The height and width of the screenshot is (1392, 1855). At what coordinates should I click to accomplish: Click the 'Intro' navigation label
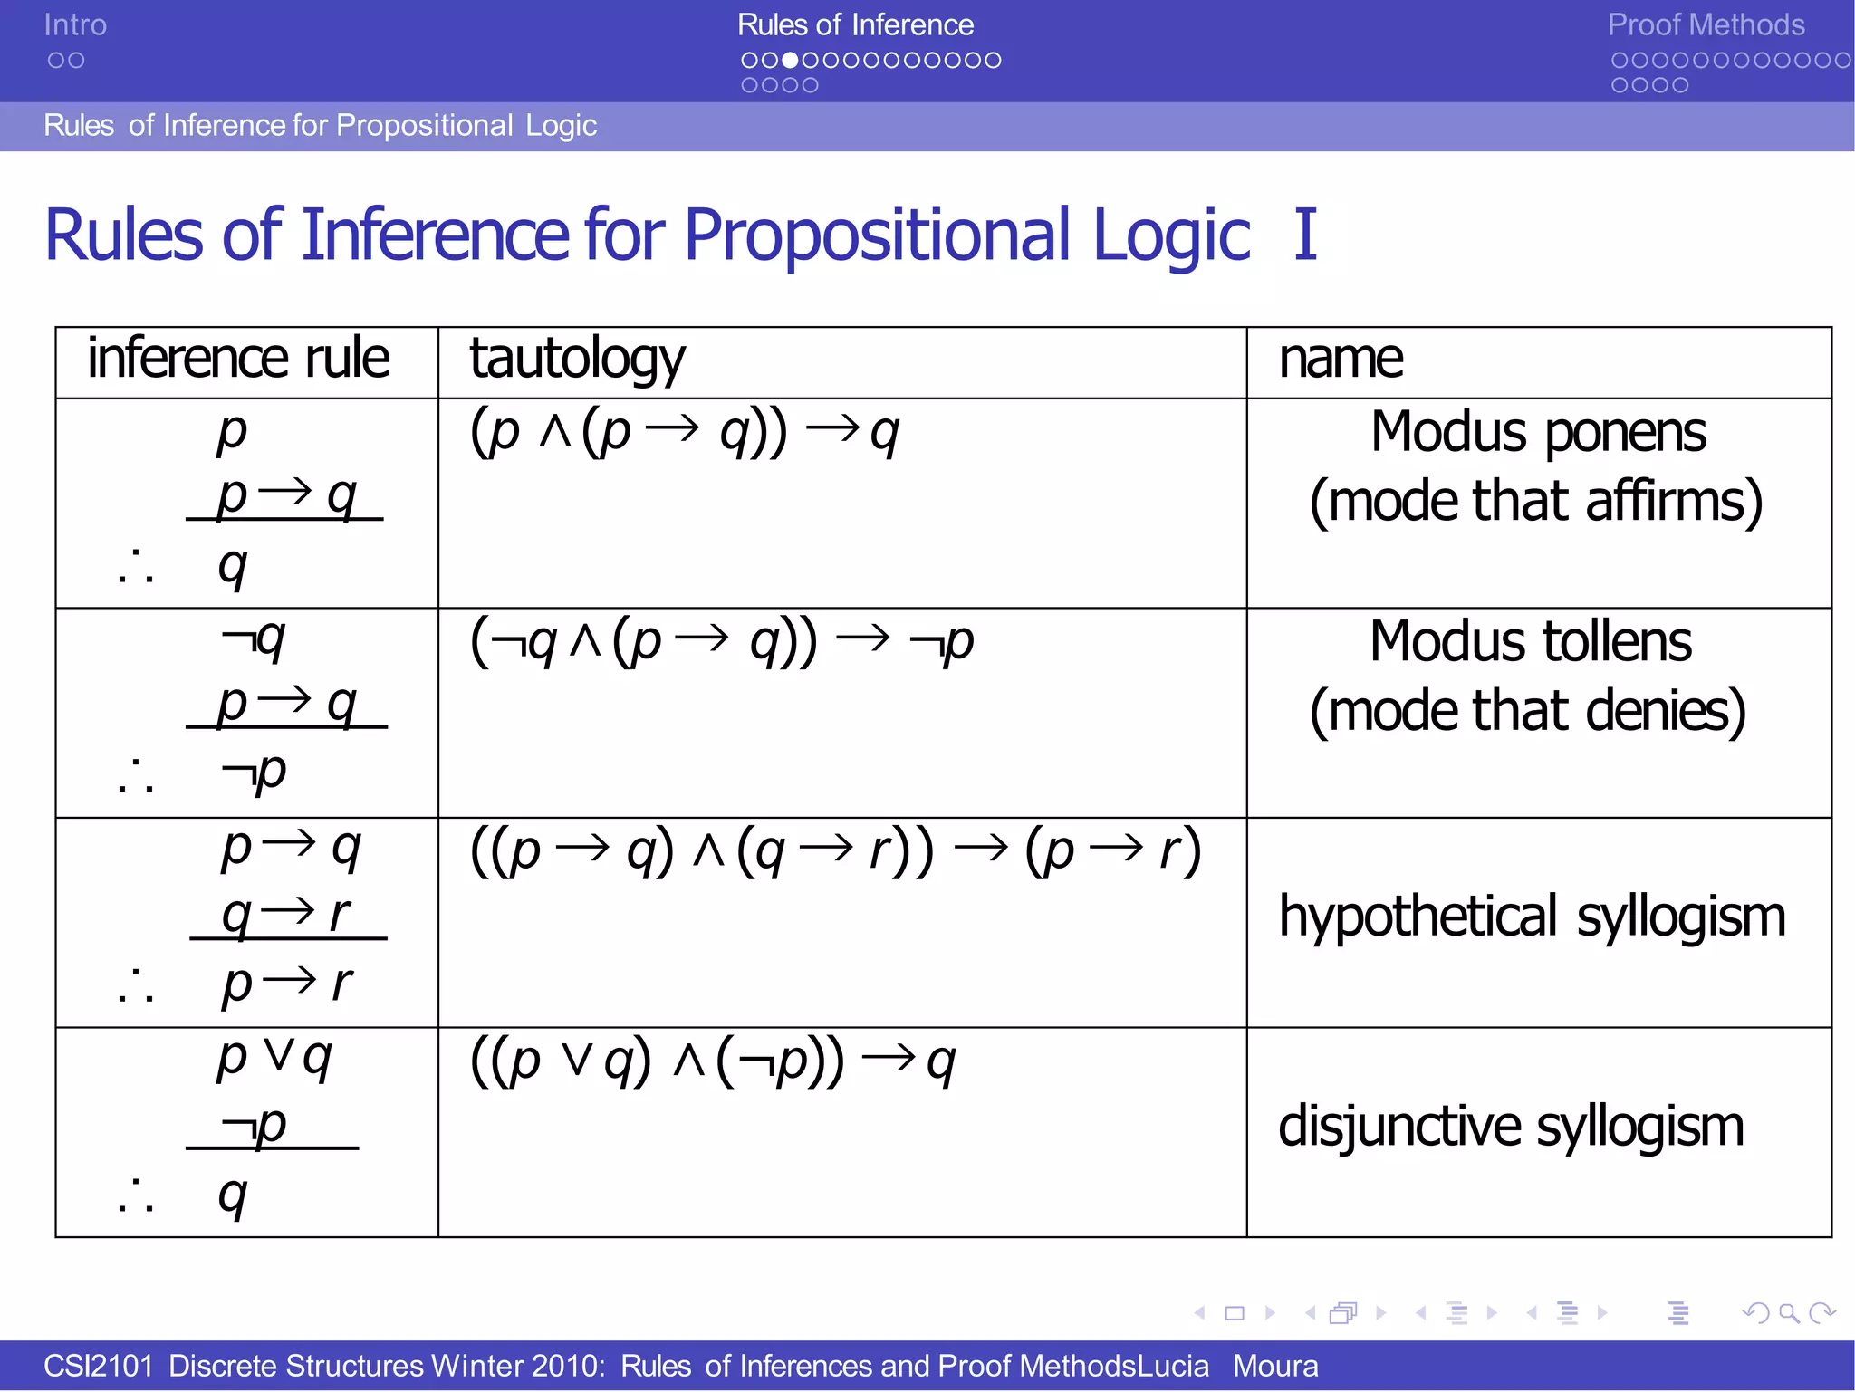click(x=75, y=24)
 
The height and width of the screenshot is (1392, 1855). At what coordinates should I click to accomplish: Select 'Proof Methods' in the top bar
click(x=1706, y=24)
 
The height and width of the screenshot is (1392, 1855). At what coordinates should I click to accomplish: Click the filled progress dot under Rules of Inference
click(x=791, y=61)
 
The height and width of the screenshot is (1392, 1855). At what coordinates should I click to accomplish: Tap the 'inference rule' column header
click(x=238, y=359)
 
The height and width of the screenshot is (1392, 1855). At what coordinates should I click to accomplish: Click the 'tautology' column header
click(x=577, y=359)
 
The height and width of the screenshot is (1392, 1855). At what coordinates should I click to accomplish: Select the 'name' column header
click(x=1341, y=359)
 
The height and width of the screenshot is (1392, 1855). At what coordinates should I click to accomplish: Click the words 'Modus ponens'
click(x=1538, y=431)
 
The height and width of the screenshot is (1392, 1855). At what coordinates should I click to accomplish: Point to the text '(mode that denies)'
click(x=1528, y=711)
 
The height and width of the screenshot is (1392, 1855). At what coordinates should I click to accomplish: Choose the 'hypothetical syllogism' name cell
click(x=1532, y=917)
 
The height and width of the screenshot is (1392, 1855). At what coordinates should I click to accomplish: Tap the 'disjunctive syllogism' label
click(x=1511, y=1127)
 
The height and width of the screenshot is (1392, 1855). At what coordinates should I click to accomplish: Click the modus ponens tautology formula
click(x=685, y=432)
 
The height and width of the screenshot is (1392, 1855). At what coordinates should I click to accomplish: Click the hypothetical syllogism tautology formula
click(x=835, y=851)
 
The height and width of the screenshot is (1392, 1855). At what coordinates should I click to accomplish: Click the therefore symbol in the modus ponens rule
click(x=136, y=568)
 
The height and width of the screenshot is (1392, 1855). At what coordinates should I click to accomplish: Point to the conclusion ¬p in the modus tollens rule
click(x=255, y=773)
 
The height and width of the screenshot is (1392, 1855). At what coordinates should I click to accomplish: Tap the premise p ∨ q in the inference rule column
click(x=274, y=1056)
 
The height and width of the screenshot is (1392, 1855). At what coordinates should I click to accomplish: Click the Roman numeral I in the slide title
click(x=1304, y=235)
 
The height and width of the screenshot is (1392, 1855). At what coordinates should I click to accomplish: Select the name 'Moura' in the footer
click(x=1275, y=1366)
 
